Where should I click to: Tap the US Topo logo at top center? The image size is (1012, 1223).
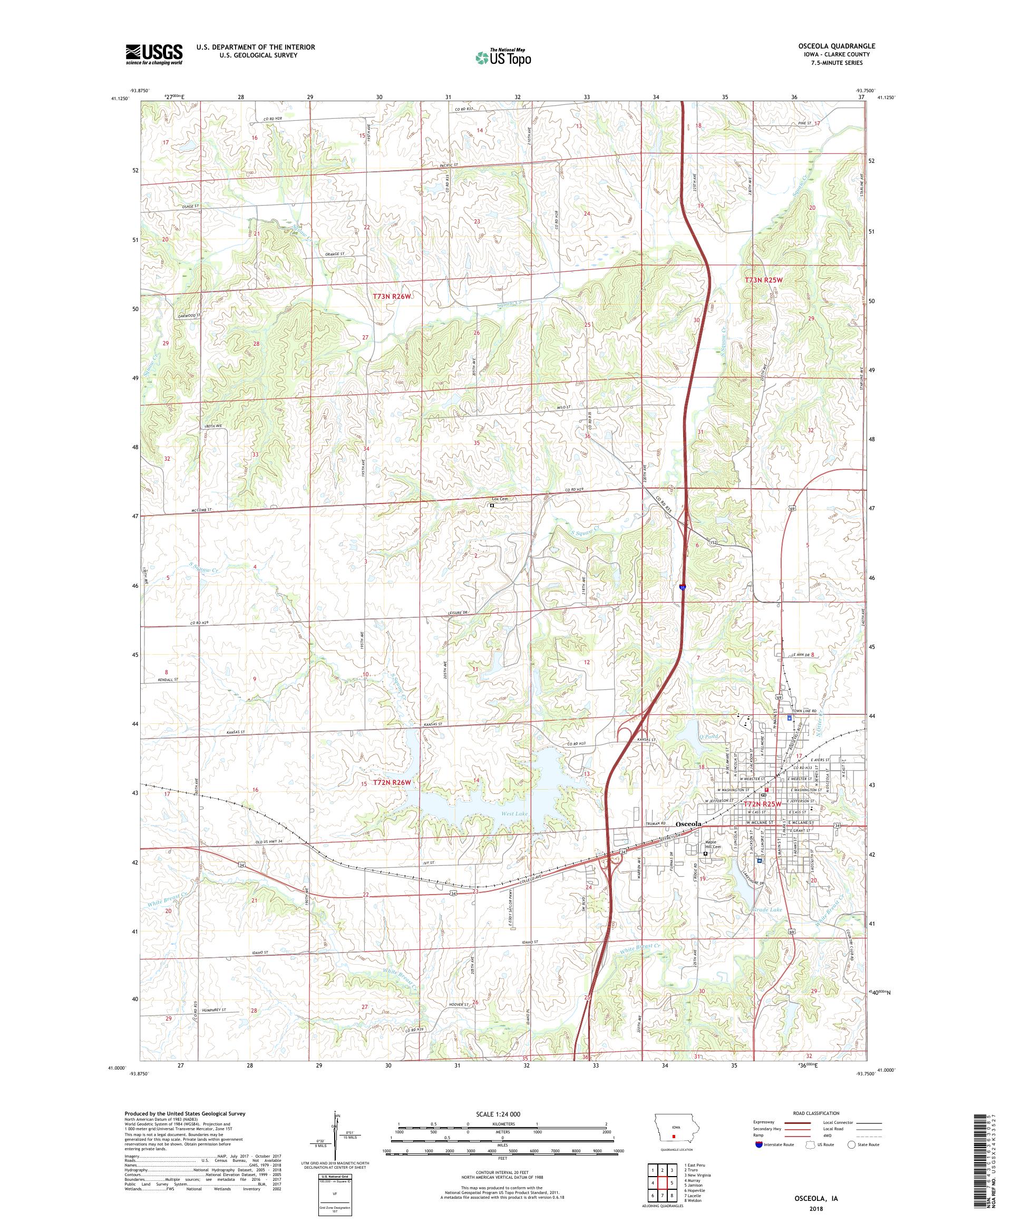504,57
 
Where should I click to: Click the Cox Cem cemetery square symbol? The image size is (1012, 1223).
492,506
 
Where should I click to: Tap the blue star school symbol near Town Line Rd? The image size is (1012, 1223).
790,718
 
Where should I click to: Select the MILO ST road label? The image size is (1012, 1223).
562,407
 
